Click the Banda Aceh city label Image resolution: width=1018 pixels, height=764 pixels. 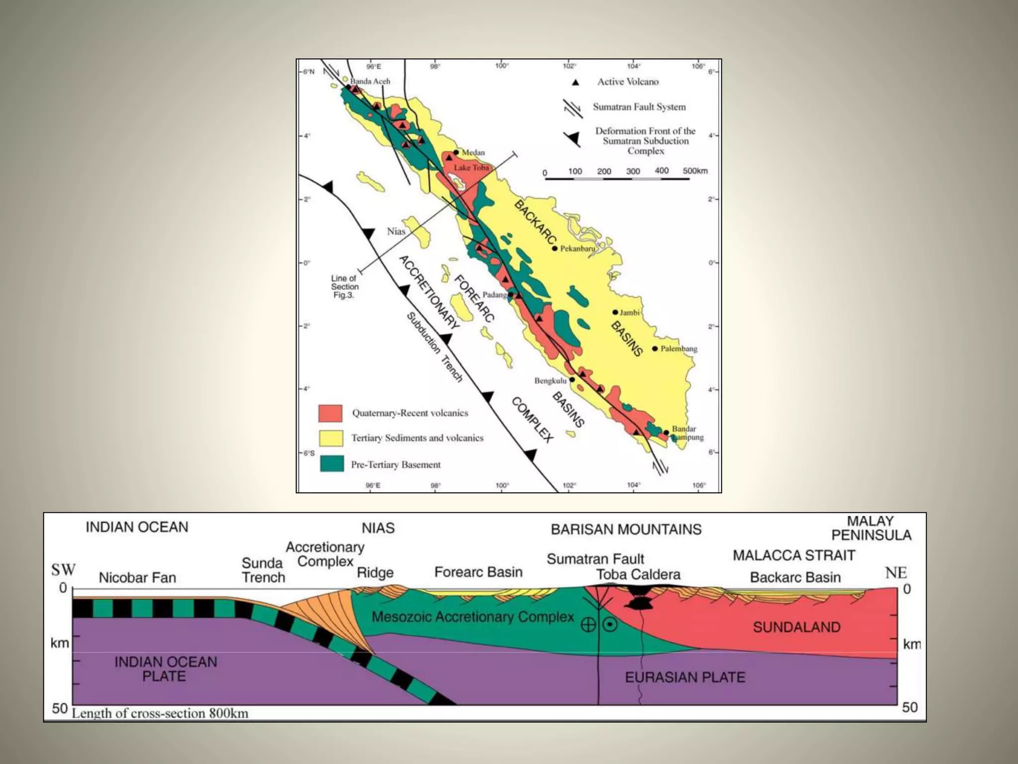coord(370,81)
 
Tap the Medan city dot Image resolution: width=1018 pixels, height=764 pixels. coord(456,152)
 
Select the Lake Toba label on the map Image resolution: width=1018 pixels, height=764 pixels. coord(471,168)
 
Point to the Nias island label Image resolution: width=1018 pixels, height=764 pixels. coord(396,231)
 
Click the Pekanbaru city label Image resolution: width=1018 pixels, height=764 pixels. coord(578,248)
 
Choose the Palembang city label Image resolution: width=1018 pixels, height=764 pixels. coord(679,349)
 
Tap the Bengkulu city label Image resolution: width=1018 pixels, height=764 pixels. coord(550,381)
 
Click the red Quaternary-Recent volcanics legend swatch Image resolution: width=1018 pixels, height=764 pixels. coord(331,413)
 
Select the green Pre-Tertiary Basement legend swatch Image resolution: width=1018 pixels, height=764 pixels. coord(332,464)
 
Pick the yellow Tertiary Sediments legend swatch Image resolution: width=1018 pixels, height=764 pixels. coord(331,438)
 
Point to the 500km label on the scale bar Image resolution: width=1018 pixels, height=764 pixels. coord(695,171)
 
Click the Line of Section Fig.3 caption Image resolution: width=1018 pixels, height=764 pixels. coord(344,286)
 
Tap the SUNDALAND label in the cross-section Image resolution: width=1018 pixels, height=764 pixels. coord(796,627)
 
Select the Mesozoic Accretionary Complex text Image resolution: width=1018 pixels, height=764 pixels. coord(472,617)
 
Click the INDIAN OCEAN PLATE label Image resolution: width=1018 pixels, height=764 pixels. coord(166,669)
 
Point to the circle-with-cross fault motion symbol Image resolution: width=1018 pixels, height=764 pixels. coord(588,625)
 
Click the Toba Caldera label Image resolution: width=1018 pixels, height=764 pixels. coord(638,574)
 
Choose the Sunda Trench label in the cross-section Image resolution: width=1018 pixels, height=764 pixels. coord(263,570)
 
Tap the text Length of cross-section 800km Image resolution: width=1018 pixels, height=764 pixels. coord(160,713)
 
